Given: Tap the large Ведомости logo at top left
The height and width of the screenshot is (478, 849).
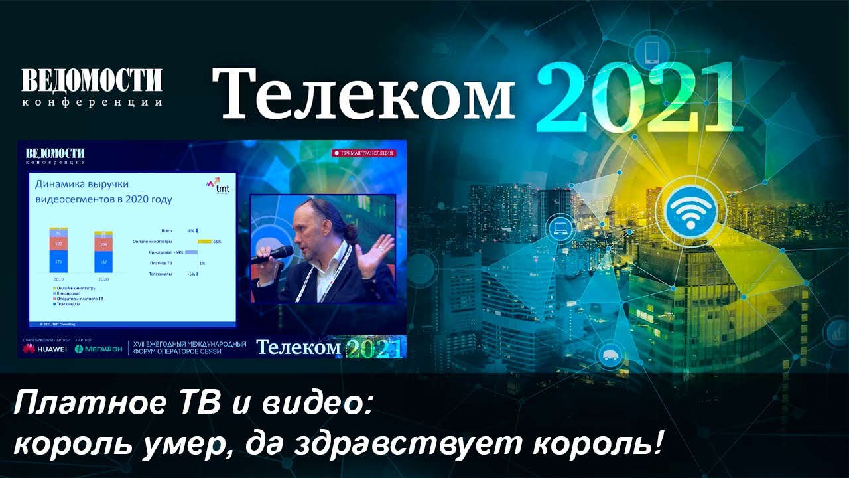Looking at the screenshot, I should [92, 81].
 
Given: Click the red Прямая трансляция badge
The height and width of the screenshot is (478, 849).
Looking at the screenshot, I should [363, 153].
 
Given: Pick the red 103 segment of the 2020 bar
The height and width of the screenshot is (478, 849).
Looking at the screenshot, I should [103, 245].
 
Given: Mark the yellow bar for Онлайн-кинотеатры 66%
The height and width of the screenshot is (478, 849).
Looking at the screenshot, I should [204, 242].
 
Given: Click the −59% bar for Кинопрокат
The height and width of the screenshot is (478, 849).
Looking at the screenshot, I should [191, 252].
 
